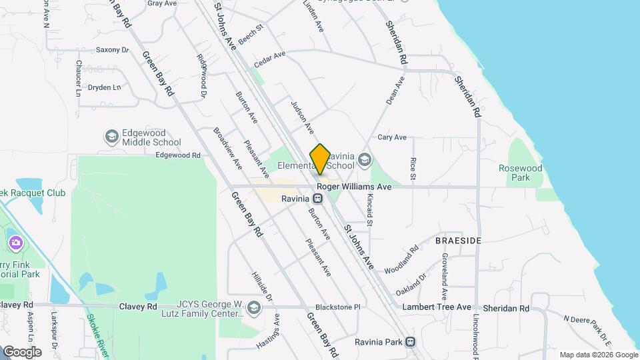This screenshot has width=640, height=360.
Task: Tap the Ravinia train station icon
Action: pos(318,198)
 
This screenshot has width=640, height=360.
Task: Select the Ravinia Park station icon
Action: pos(410,342)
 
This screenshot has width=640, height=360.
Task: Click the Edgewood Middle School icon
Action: pos(112,137)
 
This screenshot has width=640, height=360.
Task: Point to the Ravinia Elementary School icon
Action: pos(364,159)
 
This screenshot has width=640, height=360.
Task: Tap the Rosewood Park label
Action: pos(521,173)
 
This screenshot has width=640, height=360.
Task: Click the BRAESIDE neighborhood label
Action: pos(458,240)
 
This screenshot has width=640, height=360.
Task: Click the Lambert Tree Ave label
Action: pos(437,307)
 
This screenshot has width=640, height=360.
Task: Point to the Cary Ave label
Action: pos(392,137)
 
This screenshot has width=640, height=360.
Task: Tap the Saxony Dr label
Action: pos(112,49)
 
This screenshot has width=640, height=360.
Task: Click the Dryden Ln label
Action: pos(105,87)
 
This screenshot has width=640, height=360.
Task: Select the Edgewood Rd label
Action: pos(178,155)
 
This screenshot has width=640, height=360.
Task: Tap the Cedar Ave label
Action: pos(269,60)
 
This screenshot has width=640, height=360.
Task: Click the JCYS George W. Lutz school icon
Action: pos(253,308)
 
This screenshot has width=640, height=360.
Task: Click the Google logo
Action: pos(21,351)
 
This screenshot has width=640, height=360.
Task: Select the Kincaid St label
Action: pos(369,215)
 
